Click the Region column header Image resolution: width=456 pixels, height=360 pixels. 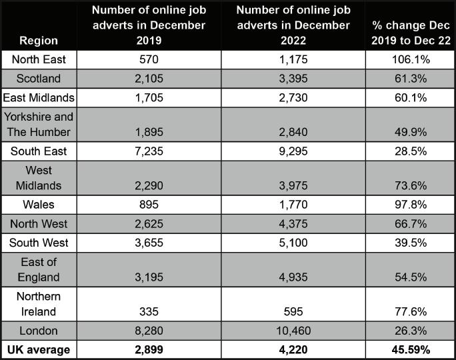(38, 39)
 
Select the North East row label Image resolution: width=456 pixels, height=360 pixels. (39, 59)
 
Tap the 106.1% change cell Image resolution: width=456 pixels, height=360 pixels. (409, 59)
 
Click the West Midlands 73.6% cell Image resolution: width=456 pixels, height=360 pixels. (409, 185)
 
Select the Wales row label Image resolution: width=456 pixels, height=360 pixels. (39, 205)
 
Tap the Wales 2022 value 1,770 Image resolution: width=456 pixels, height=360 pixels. (293, 205)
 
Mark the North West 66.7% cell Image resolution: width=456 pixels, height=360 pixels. (409, 224)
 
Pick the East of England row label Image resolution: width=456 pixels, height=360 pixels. (39, 270)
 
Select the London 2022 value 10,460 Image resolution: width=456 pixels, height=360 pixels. (293, 331)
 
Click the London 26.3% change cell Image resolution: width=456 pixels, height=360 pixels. (409, 331)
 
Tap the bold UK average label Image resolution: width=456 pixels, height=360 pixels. (39, 349)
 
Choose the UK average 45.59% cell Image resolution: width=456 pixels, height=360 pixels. (409, 349)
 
